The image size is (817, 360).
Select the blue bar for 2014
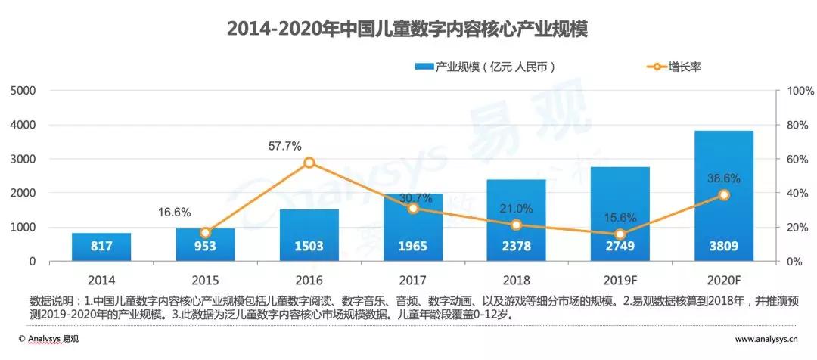pos(101,247)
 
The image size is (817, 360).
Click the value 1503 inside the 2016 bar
pos(309,246)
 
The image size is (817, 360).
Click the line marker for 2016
pos(309,163)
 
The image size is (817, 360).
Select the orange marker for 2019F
pos(620,234)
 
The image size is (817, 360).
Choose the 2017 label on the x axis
pos(412,279)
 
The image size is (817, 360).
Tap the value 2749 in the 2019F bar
pos(620,246)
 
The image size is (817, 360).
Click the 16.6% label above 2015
pos(175,213)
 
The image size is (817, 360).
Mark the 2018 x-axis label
pos(516,279)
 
